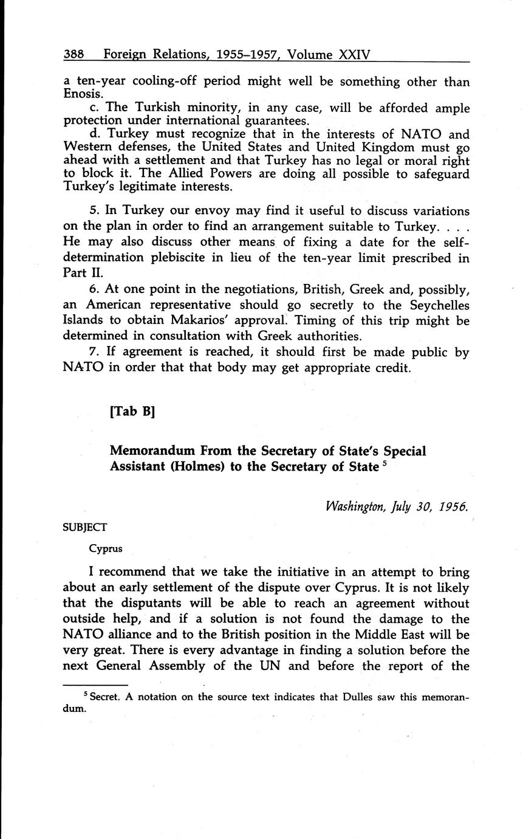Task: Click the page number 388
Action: point(74,55)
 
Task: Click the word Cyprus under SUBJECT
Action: point(106,548)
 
